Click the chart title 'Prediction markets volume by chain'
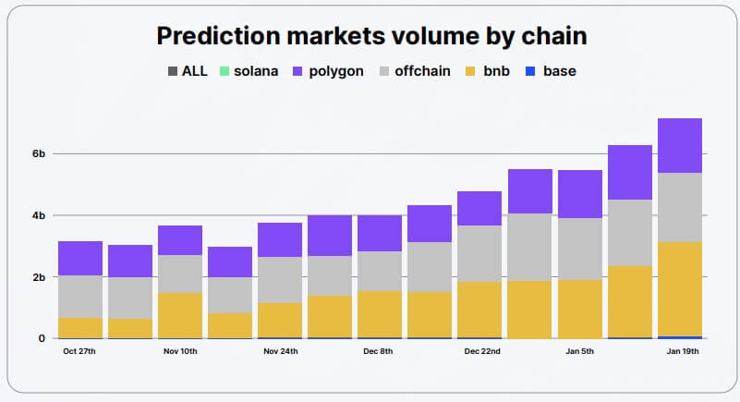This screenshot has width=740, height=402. (371, 36)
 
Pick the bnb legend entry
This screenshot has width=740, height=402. (494, 71)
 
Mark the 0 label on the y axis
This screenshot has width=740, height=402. (41, 338)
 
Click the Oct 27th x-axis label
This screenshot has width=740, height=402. (80, 351)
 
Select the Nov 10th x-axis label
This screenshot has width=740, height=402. (180, 351)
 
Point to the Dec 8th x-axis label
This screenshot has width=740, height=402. (380, 351)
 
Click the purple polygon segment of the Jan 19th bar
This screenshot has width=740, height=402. (680, 145)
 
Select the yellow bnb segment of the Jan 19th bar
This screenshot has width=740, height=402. (680, 288)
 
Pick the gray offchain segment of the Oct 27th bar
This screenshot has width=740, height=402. (80, 296)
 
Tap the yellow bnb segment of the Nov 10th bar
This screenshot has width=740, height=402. (180, 315)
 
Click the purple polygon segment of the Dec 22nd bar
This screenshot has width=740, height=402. (479, 208)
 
